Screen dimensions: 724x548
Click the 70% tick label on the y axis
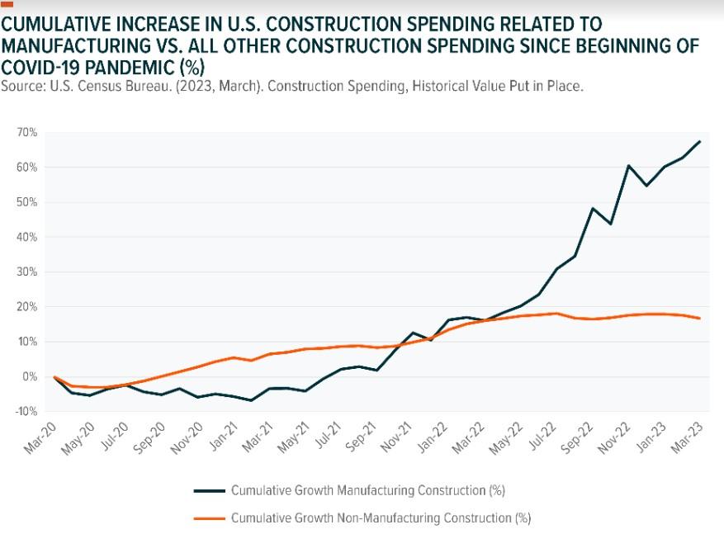pyautogui.click(x=27, y=133)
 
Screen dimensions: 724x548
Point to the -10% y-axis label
pyautogui.click(x=26, y=411)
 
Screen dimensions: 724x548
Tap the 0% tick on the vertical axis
pyautogui.click(x=30, y=376)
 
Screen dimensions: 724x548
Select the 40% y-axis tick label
pyautogui.click(x=27, y=238)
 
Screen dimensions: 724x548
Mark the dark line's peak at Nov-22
pyautogui.click(x=628, y=166)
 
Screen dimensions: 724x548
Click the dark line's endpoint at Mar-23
pyautogui.click(x=700, y=141)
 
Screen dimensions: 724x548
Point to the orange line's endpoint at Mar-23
pyautogui.click(x=700, y=318)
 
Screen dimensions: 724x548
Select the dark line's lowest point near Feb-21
pyautogui.click(x=251, y=400)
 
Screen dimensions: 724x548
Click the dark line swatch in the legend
pyautogui.click(x=209, y=491)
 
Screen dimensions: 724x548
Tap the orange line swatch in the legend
pyautogui.click(x=209, y=518)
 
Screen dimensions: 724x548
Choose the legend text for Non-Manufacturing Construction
pyautogui.click(x=381, y=518)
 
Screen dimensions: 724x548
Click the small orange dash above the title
pyautogui.click(x=7, y=5)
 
